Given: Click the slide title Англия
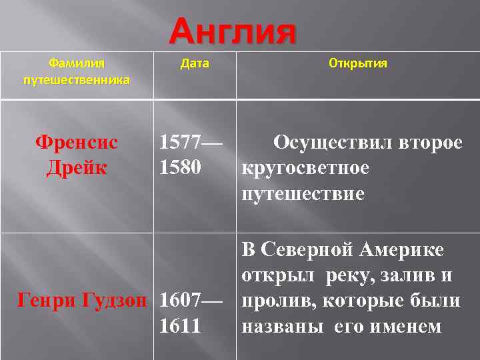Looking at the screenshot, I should point(232,32).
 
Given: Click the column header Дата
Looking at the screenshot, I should point(195,63).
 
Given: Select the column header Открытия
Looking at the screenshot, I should point(358,63).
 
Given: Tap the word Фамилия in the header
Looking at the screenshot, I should point(77,63).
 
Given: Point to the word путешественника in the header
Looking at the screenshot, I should point(77,80).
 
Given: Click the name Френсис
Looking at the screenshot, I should point(77,143).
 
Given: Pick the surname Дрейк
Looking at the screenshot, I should point(77,167).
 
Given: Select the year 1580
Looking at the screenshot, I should point(179,167).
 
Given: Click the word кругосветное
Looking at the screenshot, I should point(305,168).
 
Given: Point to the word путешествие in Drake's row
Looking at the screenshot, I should point(303,194).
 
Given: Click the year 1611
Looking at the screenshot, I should point(179,326).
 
